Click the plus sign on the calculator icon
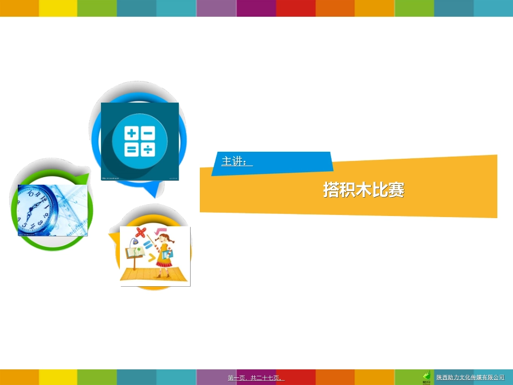tap(131, 133)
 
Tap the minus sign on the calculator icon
tap(148, 133)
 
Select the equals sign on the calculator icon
tap(131, 150)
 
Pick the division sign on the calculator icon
tap(148, 150)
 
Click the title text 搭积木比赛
tap(363, 190)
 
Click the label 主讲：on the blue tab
tap(237, 161)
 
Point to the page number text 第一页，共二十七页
tap(256, 378)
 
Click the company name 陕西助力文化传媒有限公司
tap(470, 377)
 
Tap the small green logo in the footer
tap(427, 376)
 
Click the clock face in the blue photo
tap(36, 211)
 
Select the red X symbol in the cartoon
tap(141, 233)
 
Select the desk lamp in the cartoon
tap(131, 242)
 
